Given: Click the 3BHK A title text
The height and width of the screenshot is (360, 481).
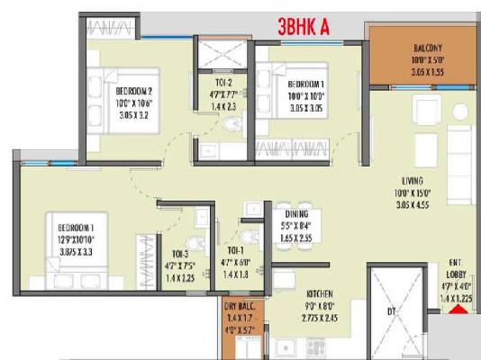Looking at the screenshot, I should [x=302, y=27].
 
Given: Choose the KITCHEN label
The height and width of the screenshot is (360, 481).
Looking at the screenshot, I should [x=321, y=294].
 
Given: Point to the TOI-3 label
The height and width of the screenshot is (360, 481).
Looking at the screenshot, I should [x=174, y=254].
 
